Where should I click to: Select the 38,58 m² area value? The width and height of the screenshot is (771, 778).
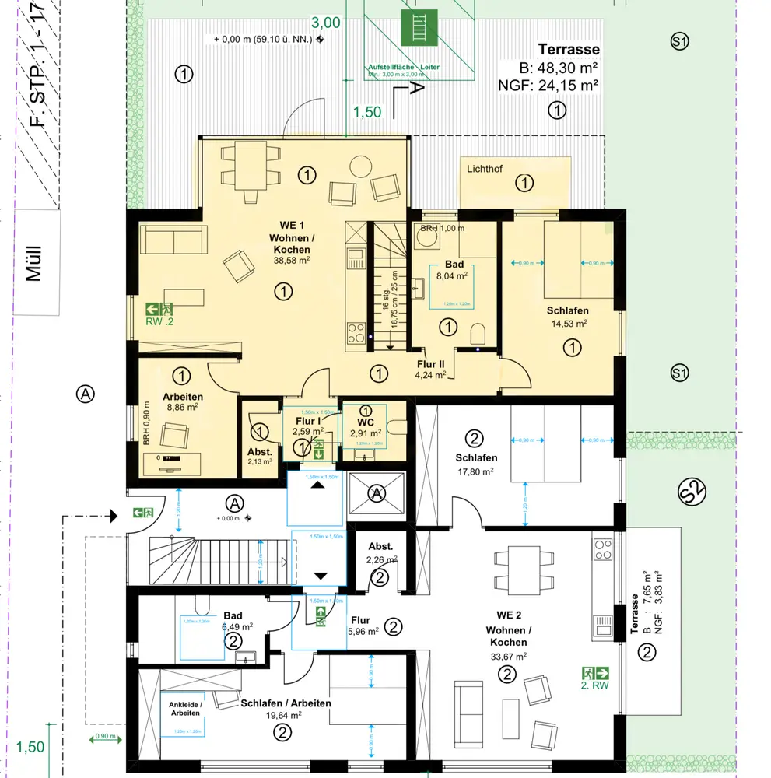[x=291, y=261]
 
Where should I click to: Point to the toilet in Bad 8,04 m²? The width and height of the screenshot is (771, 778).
[x=479, y=335]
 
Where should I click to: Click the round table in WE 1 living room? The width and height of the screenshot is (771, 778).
[x=360, y=166]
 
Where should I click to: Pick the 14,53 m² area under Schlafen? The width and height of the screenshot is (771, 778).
[x=569, y=323]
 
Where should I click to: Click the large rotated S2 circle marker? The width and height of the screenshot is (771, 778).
[x=691, y=493]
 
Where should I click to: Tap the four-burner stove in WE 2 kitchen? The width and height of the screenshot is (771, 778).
[x=603, y=549]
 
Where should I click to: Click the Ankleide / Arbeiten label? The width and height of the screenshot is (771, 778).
[x=185, y=709]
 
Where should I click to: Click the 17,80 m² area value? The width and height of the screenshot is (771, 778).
[x=476, y=471]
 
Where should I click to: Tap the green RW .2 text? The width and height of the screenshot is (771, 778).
[x=160, y=320]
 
